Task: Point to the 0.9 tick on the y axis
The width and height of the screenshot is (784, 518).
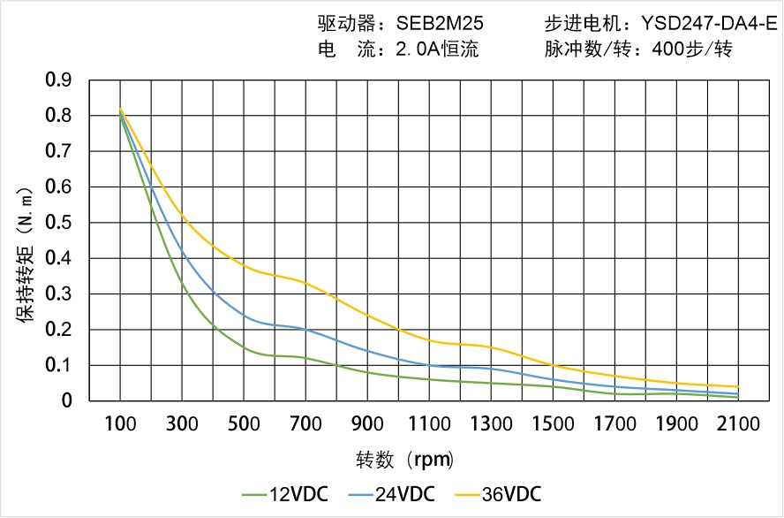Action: coord(57,80)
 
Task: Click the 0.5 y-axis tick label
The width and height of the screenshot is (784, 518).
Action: coord(57,223)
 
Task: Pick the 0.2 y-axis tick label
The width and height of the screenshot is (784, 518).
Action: coord(57,330)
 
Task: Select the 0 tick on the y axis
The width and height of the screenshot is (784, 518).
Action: coord(67,401)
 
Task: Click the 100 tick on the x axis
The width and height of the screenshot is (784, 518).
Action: coord(120,424)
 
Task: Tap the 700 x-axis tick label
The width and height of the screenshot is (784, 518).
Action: coord(305,424)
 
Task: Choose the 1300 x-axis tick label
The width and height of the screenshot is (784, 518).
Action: coord(491,424)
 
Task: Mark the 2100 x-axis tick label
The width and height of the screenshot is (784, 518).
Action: coord(738,424)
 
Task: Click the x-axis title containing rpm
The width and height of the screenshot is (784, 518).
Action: coord(404,460)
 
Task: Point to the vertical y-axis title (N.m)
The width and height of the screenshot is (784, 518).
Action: coord(26,256)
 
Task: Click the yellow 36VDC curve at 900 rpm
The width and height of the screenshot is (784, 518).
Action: coord(367,316)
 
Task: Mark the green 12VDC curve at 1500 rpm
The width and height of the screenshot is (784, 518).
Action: coord(553,386)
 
